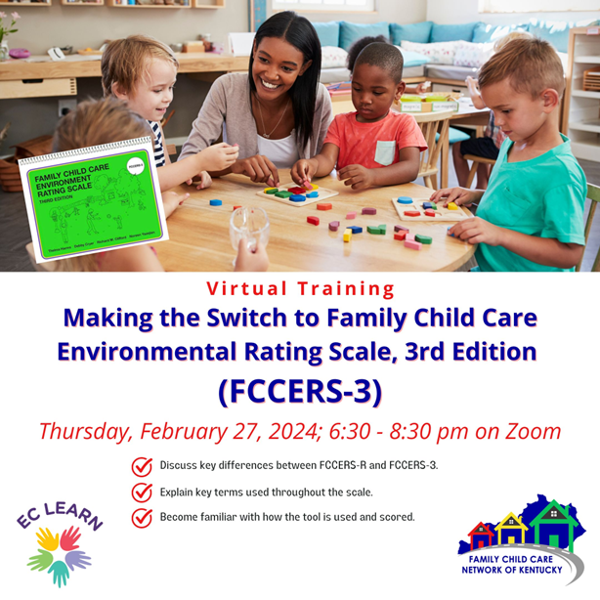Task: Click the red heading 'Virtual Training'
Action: (300, 288)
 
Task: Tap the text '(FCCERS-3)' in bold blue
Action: (299, 389)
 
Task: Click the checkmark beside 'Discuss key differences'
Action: (142, 465)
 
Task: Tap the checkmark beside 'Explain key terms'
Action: (142, 492)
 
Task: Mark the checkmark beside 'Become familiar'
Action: (142, 517)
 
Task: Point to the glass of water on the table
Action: (248, 229)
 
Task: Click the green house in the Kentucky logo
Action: (551, 525)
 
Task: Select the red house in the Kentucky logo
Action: (482, 536)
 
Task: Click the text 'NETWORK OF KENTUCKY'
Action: (514, 570)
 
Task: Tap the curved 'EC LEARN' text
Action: (59, 517)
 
